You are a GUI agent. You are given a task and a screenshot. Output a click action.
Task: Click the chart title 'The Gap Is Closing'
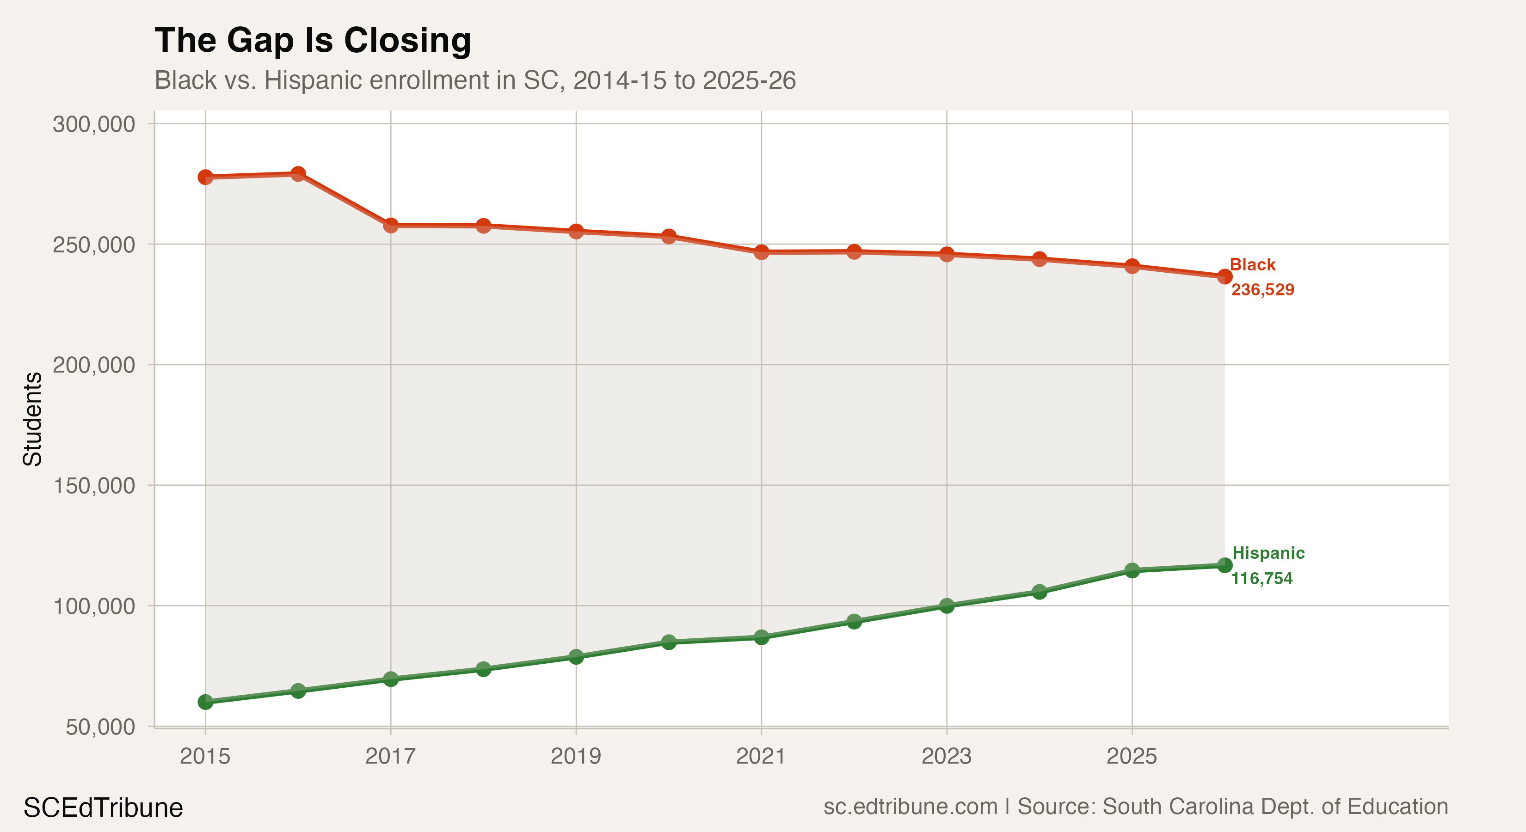tap(313, 40)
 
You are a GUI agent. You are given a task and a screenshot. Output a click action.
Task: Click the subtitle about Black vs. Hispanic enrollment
tap(474, 80)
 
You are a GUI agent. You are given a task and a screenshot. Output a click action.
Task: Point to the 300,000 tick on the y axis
tap(93, 124)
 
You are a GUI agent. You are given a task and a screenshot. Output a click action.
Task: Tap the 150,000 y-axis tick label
tap(93, 486)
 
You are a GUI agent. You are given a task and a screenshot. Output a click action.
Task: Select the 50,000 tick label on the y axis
tap(100, 727)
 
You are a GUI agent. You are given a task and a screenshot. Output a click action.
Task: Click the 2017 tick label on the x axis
tap(390, 756)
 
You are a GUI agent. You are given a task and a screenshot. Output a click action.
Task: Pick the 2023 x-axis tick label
tap(946, 756)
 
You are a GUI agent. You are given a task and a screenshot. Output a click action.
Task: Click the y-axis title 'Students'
tap(32, 419)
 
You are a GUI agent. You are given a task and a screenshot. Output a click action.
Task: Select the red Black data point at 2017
tap(390, 225)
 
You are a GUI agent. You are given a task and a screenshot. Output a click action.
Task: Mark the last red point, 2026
tap(1224, 276)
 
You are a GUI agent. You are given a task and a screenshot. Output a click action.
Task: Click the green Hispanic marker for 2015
tap(205, 702)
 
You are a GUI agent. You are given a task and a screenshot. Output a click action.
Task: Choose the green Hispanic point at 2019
tap(576, 657)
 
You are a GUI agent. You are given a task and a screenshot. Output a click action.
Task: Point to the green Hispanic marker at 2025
tap(1132, 571)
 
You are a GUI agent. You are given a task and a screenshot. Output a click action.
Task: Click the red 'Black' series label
tap(1252, 265)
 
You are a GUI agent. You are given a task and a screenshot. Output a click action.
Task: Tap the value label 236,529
tap(1262, 289)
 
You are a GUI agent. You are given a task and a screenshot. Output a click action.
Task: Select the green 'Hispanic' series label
tap(1268, 553)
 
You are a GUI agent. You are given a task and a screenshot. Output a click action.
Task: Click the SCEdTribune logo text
tap(103, 808)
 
